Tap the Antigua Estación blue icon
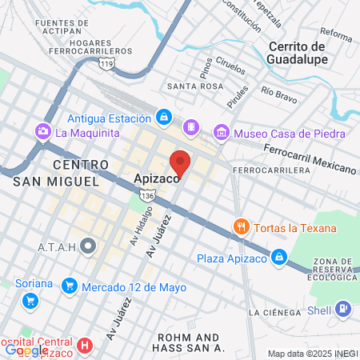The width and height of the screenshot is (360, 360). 163,118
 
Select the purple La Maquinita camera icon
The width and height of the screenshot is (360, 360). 42,130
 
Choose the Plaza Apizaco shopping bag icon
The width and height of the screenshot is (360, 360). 278,258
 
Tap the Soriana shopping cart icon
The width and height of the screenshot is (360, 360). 30,302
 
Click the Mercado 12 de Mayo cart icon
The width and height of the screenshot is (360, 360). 70,286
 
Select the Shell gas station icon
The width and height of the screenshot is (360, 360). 342,307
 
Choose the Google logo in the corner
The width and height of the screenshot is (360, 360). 26,350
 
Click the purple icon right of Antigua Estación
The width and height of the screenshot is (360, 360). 191,127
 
